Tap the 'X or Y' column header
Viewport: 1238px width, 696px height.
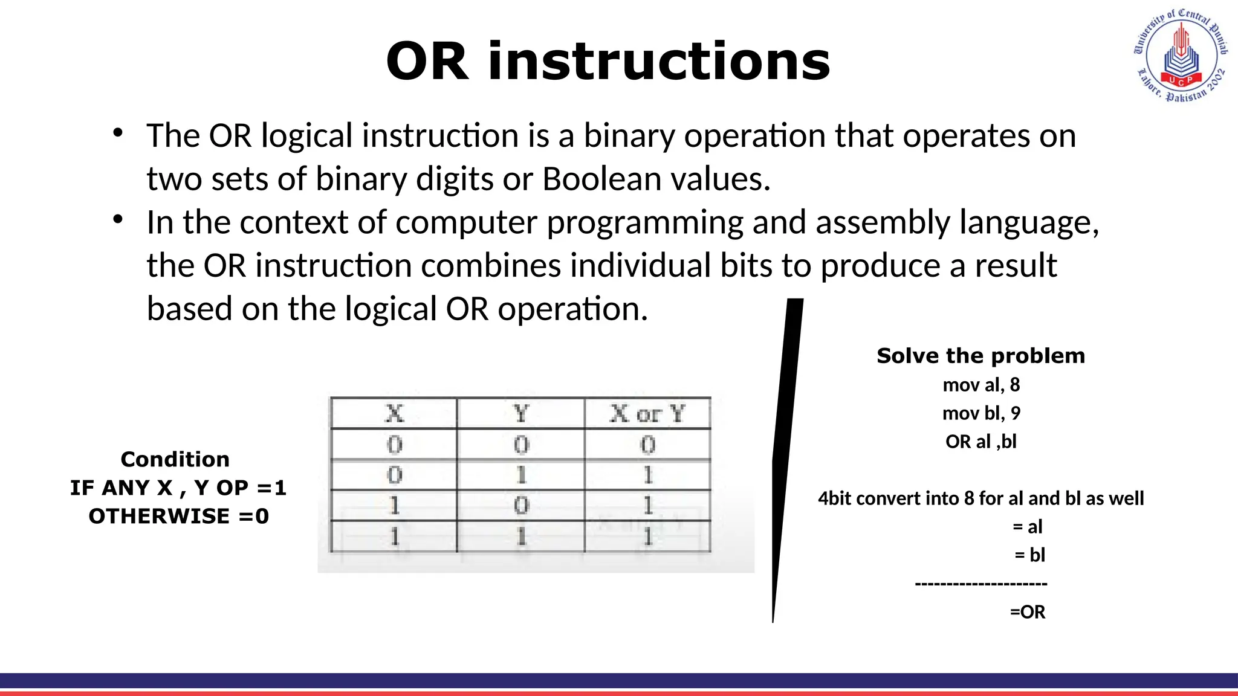point(647,414)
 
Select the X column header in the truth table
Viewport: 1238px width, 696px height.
point(394,414)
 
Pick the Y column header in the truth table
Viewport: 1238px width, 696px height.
point(520,414)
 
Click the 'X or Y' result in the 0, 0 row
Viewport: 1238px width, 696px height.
point(647,445)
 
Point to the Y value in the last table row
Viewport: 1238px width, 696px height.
point(520,536)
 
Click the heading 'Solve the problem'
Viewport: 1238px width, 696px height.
point(980,356)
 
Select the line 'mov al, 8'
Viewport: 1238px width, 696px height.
point(980,385)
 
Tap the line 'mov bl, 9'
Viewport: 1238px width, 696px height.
point(980,413)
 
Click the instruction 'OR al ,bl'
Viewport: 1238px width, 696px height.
point(980,442)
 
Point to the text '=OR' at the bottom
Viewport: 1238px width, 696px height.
point(1027,612)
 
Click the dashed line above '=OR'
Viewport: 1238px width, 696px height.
point(980,584)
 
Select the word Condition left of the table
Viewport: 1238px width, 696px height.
point(175,459)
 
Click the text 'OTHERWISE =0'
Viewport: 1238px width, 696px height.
point(178,516)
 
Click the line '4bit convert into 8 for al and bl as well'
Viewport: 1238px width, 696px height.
point(980,498)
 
